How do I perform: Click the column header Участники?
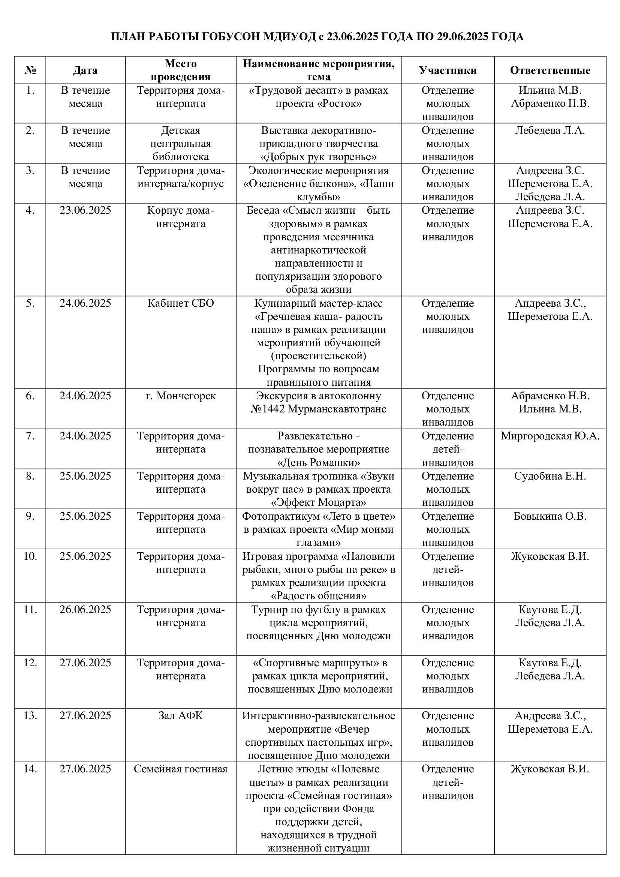click(448, 70)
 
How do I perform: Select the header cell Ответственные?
click(550, 70)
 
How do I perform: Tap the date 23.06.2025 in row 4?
click(85, 210)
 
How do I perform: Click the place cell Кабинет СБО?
click(181, 303)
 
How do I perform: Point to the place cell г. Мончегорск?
click(181, 396)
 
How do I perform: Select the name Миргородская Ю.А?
click(550, 436)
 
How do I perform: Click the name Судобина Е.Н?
click(550, 476)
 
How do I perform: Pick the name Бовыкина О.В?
click(550, 516)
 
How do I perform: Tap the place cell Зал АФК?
click(181, 715)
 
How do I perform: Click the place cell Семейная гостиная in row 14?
click(181, 769)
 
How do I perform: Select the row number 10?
click(30, 556)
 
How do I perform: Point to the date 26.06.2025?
click(85, 609)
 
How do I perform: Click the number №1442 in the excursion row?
click(267, 409)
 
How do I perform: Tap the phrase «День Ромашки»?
click(318, 463)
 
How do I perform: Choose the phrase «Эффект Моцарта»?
click(318, 502)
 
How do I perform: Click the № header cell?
click(30, 70)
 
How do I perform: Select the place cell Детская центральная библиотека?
click(181, 144)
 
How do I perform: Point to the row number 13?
click(30, 715)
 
